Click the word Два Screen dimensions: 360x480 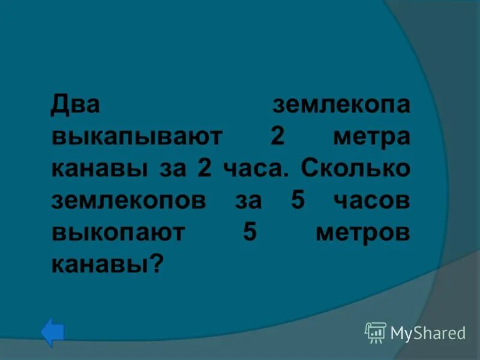point(75,105)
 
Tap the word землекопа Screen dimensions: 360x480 point(341,105)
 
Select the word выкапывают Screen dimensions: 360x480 point(137,137)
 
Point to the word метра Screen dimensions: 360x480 point(372,137)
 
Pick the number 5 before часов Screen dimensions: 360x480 point(297,200)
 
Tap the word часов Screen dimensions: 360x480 point(373,201)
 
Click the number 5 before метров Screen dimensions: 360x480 point(250,232)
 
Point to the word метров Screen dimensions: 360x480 point(363,233)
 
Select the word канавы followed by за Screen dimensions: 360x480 point(100,170)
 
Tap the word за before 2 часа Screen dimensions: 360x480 point(170,170)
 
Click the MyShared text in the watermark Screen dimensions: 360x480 point(428,333)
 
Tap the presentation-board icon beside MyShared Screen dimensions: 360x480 point(376,332)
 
